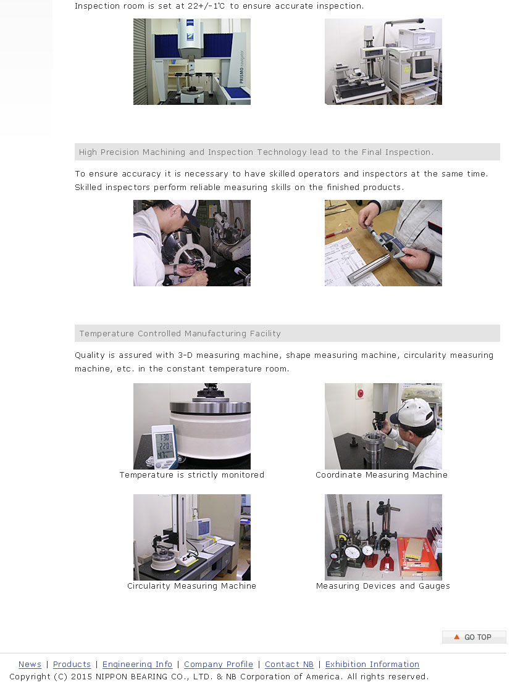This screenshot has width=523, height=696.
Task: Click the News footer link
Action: pyautogui.click(x=30, y=664)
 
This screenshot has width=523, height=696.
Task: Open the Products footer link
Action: pyautogui.click(x=72, y=664)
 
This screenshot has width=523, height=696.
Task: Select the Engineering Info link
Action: pyautogui.click(x=137, y=664)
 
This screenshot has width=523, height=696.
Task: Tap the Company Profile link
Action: pyautogui.click(x=219, y=664)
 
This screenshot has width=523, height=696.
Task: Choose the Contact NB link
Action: pyautogui.click(x=289, y=664)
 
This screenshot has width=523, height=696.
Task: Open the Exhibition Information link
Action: pyautogui.click(x=372, y=664)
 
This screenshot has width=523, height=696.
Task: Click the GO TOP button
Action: pyautogui.click(x=474, y=637)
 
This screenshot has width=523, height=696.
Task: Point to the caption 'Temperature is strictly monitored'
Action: pyautogui.click(x=192, y=475)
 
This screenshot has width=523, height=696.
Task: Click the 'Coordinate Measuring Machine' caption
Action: pyautogui.click(x=382, y=475)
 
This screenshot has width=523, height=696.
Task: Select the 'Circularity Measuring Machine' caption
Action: pyautogui.click(x=192, y=586)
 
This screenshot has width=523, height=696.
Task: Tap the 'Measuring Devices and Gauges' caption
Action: pyautogui.click(x=383, y=586)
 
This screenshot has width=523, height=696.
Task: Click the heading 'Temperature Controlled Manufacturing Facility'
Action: pyautogui.click(x=180, y=333)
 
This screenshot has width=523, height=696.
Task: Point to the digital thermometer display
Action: pyautogui.click(x=164, y=446)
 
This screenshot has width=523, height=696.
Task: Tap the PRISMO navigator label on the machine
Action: pyautogui.click(x=241, y=67)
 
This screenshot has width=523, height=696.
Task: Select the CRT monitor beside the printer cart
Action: pyautogui.click(x=421, y=66)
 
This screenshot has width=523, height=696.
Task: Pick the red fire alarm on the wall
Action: pyautogui.click(x=360, y=393)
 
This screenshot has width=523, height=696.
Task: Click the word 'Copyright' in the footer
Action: pyautogui.click(x=30, y=676)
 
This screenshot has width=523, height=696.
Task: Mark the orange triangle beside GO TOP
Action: pyautogui.click(x=457, y=637)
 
